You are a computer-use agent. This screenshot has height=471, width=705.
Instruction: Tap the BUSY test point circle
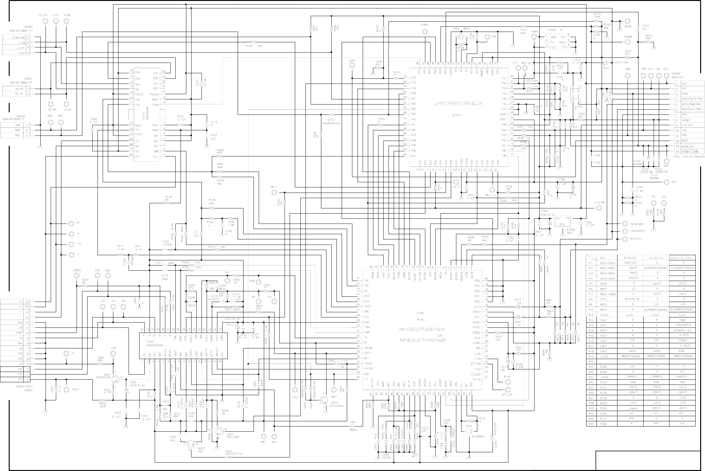pos(352,65)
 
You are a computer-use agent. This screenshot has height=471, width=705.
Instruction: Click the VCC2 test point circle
pos(66,390)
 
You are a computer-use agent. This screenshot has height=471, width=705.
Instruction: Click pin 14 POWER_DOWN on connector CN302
pos(690,151)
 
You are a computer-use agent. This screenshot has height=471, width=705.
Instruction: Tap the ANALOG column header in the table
pos(630,258)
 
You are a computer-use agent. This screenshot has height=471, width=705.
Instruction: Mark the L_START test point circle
pos(598,208)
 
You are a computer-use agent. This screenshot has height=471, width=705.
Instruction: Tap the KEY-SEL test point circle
pos(525,68)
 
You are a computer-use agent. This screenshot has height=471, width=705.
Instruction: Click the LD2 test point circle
pos(113,354)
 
